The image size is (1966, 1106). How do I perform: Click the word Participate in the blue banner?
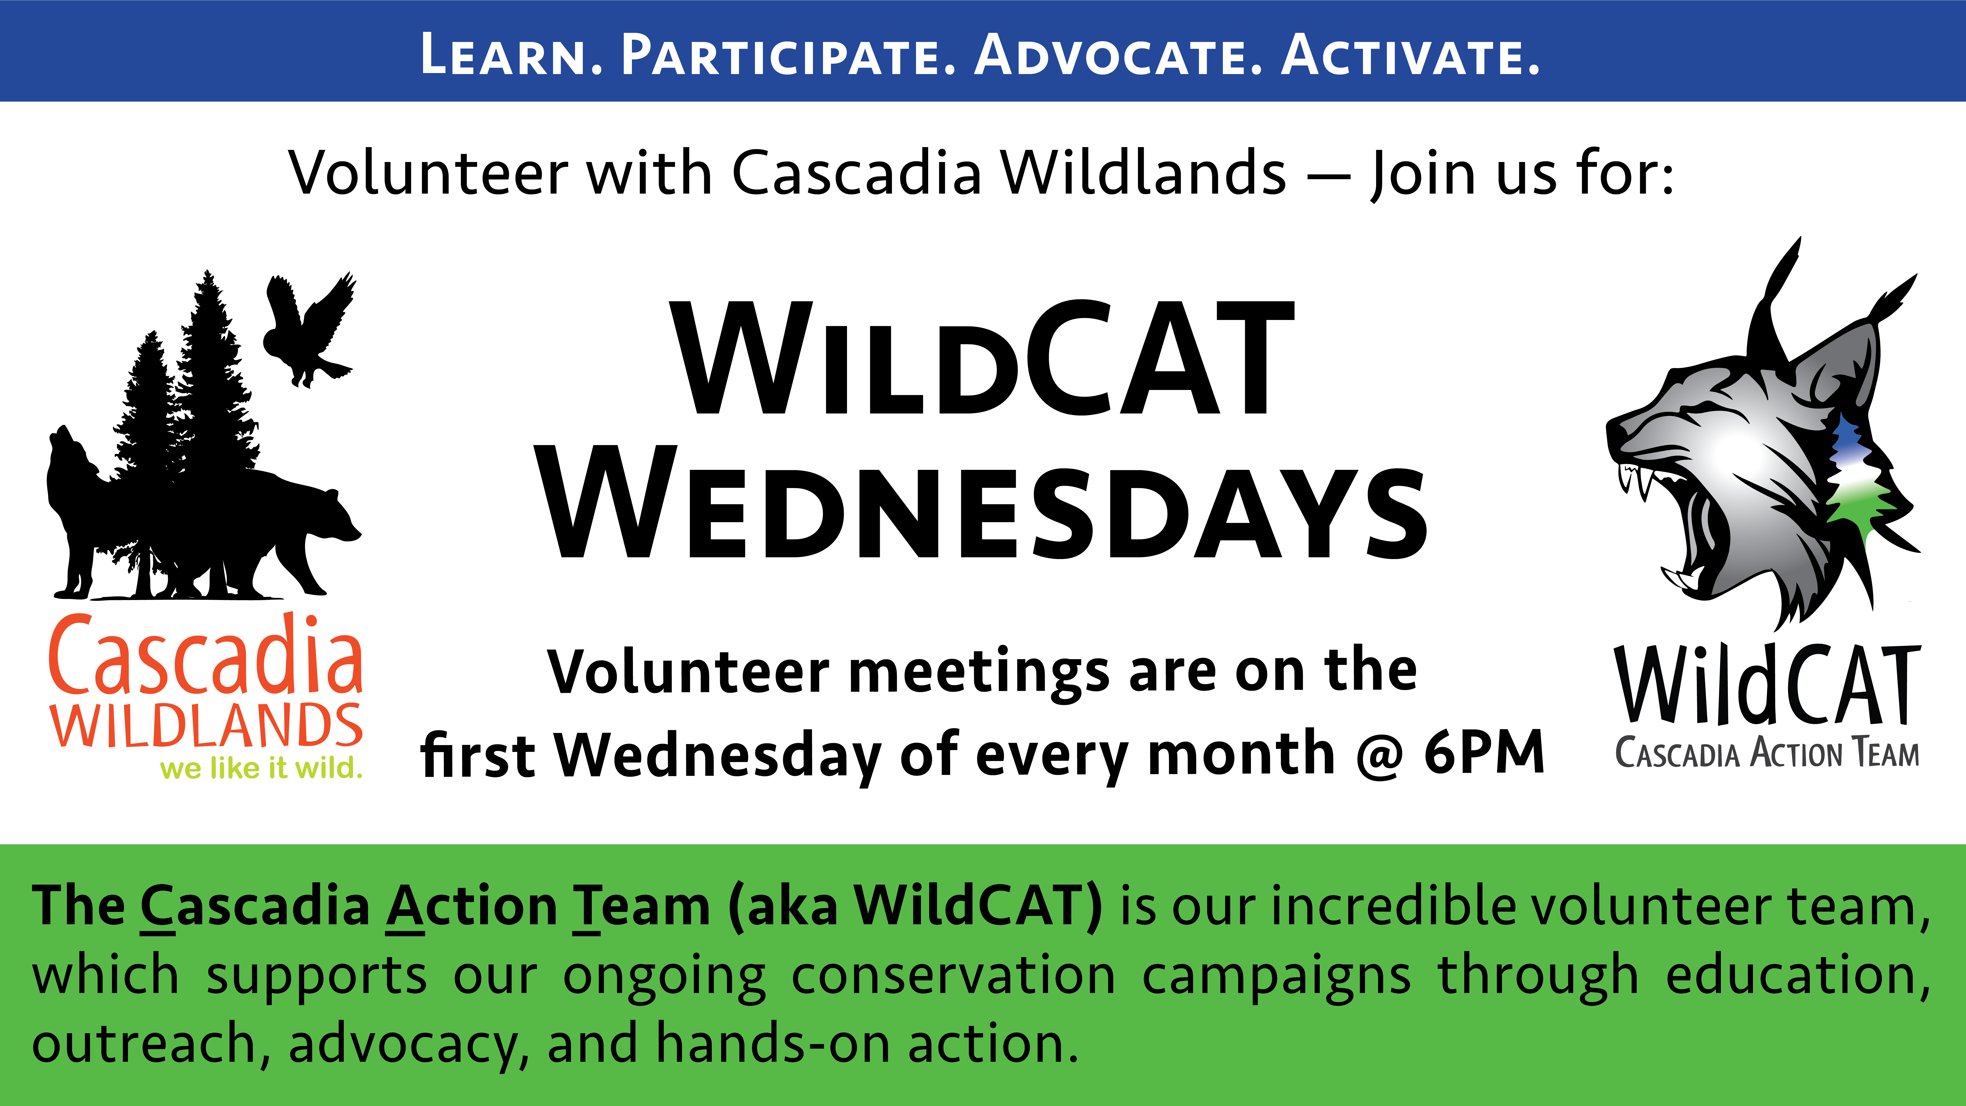coord(788,55)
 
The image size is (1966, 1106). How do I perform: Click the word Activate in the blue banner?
coord(1410,55)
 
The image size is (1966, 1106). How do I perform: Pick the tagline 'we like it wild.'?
coord(261,768)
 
